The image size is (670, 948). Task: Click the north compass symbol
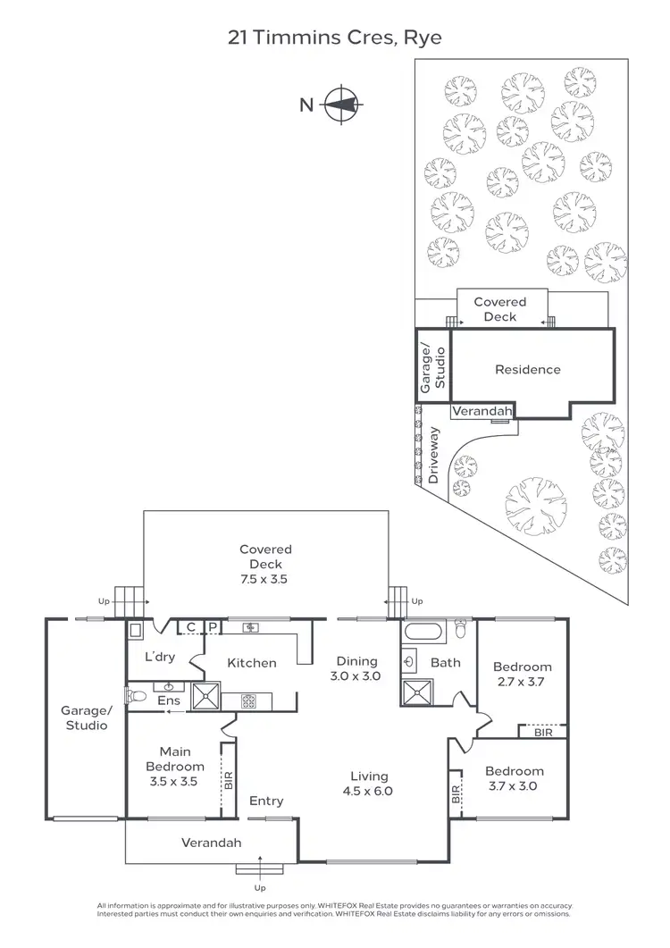pyautogui.click(x=339, y=105)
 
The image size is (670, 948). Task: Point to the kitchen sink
pyautogui.click(x=251, y=628)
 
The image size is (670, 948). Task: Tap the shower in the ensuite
pyautogui.click(x=205, y=696)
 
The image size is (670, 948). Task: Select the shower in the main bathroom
pyautogui.click(x=416, y=692)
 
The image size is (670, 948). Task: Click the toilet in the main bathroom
pyautogui.click(x=460, y=631)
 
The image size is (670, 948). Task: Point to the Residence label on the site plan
pyautogui.click(x=527, y=369)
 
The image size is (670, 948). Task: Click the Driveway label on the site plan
pyautogui.click(x=435, y=456)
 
